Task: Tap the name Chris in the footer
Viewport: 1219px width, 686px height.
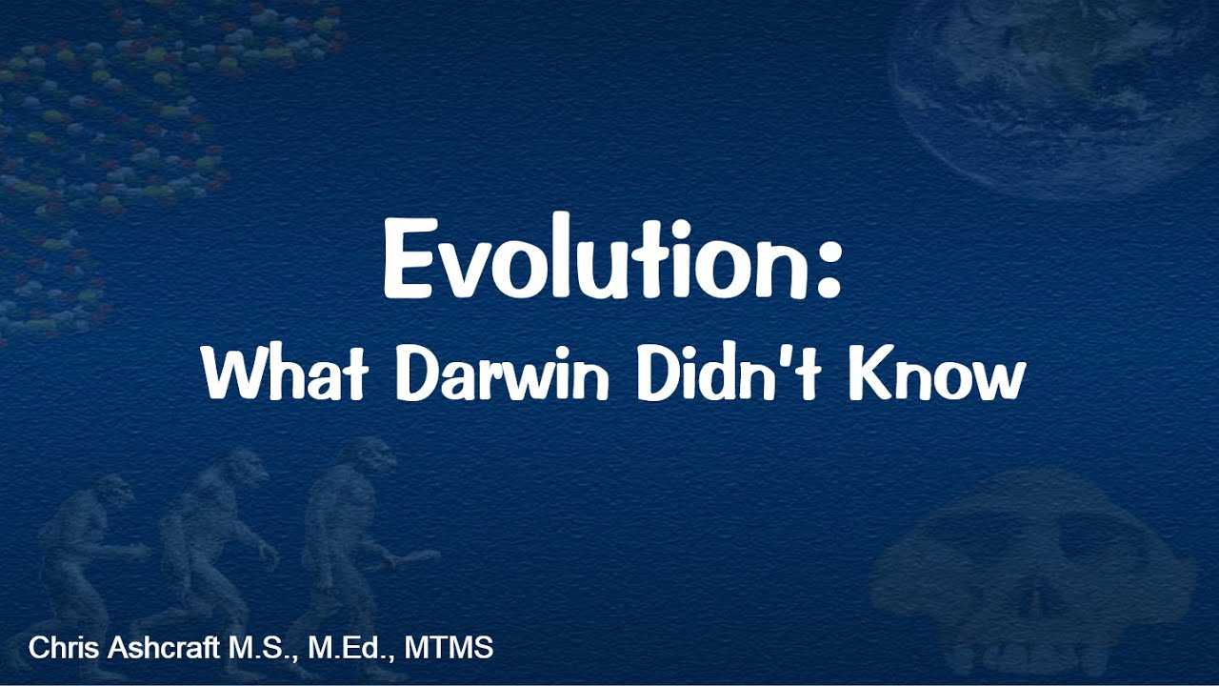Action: coord(59,649)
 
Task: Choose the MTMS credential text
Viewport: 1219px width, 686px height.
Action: coord(450,649)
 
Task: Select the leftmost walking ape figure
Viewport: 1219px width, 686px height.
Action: coord(90,562)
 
